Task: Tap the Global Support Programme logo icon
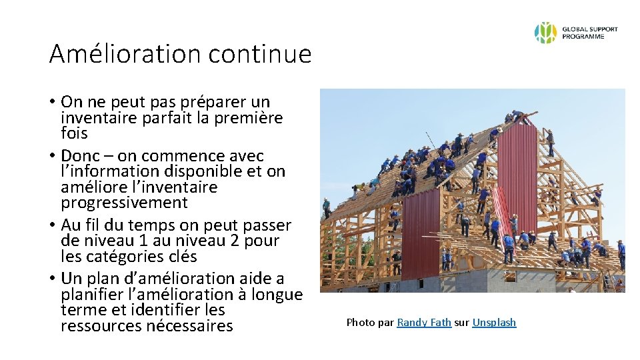[x=545, y=33]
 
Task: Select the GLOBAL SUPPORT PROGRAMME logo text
[x=589, y=33]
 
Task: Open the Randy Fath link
[x=424, y=323]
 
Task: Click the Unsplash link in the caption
[x=494, y=323]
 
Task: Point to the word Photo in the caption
[x=360, y=323]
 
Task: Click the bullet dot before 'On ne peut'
[x=51, y=103]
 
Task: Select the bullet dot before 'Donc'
[x=51, y=156]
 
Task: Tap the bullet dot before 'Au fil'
[x=51, y=225]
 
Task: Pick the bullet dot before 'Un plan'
[x=51, y=279]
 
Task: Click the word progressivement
[x=124, y=202]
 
